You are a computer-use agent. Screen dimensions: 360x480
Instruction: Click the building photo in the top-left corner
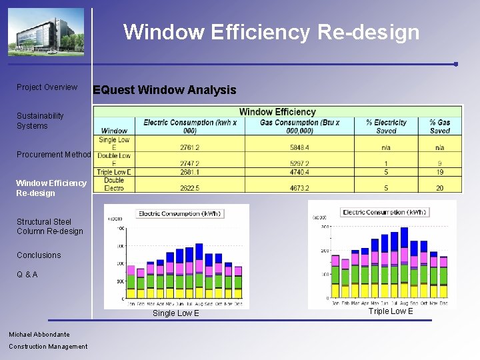point(46,32)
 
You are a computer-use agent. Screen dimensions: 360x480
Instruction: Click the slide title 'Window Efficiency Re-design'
point(271,32)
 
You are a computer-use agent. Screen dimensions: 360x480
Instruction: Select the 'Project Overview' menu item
point(47,87)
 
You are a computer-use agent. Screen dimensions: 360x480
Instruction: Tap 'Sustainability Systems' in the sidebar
point(40,121)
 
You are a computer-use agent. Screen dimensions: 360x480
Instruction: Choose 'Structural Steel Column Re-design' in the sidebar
point(50,226)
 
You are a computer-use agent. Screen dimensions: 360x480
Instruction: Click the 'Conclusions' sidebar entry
point(39,255)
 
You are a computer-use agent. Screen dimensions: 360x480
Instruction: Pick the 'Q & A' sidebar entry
point(27,275)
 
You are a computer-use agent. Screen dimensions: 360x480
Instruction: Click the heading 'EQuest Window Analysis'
point(164,90)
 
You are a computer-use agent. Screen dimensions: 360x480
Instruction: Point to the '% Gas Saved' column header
point(440,127)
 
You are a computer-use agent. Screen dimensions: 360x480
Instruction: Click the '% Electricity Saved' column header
point(386,127)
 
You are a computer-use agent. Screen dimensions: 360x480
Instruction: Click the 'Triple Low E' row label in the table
point(114,172)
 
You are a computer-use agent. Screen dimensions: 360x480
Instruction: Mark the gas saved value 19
point(440,172)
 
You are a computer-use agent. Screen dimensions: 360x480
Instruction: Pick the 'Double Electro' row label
point(114,184)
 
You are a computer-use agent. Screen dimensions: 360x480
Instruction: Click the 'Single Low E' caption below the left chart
point(176,313)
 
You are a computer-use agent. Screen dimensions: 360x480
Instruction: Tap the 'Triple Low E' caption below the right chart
point(391,311)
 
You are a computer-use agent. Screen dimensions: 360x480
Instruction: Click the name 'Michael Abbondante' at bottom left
point(39,334)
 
